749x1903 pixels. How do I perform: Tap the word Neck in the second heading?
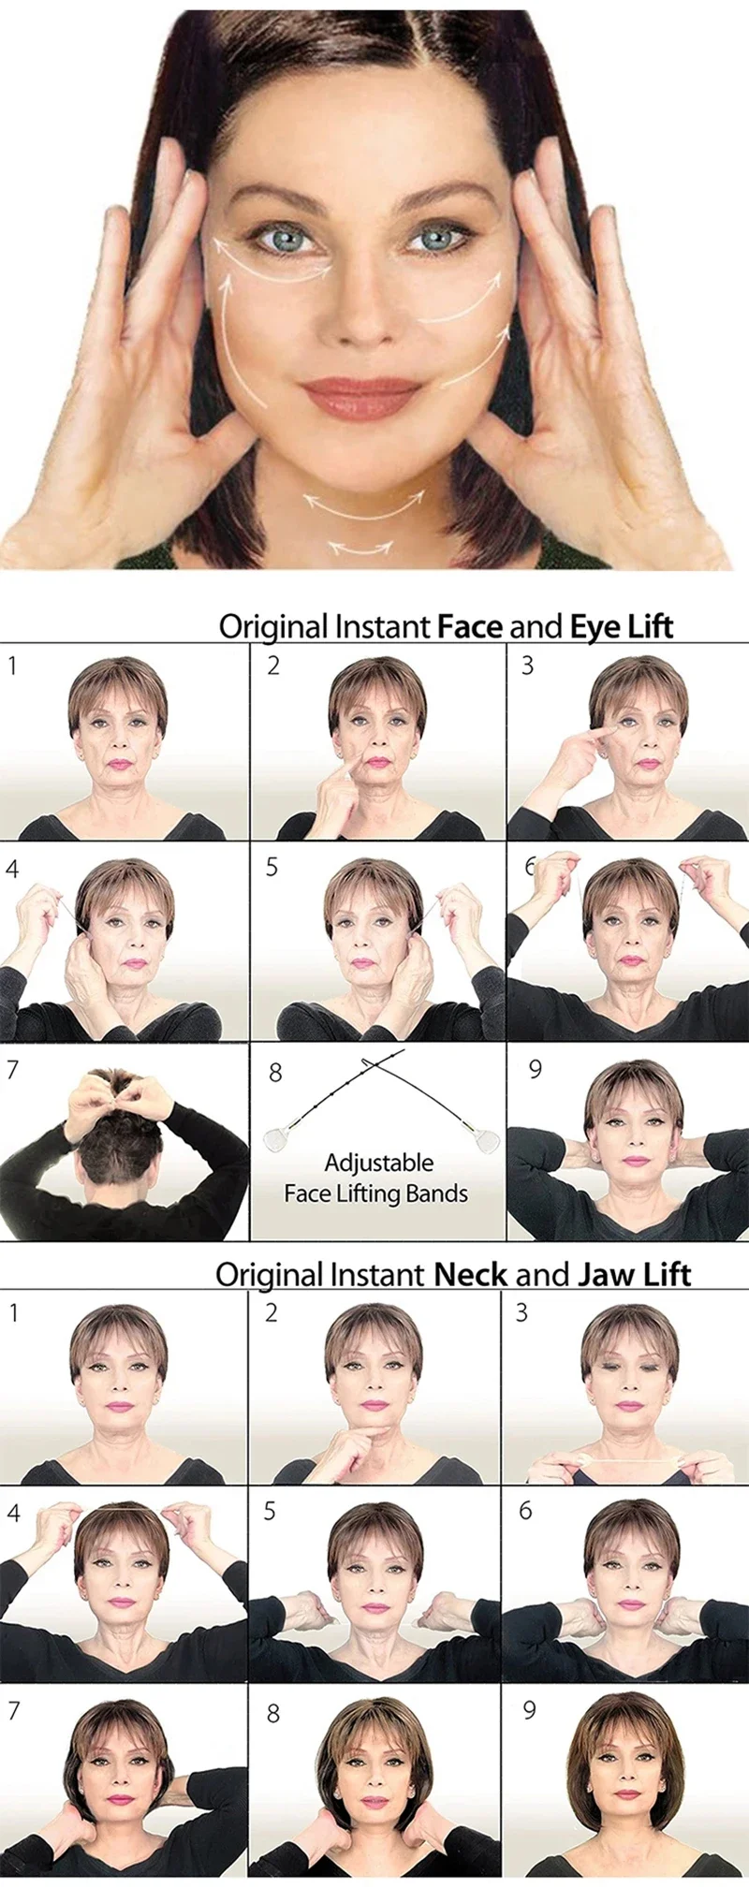470,1274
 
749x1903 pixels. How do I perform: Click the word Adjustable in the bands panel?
378,1163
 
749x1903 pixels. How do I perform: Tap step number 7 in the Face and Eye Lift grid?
12,1069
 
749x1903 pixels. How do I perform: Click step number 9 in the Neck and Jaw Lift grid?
529,1710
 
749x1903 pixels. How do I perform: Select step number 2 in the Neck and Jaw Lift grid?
271,1312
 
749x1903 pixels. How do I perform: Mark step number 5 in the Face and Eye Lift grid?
272,867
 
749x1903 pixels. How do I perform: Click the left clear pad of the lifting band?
275,1139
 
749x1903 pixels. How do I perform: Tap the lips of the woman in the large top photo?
360,398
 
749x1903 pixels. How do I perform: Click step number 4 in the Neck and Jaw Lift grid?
13,1513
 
